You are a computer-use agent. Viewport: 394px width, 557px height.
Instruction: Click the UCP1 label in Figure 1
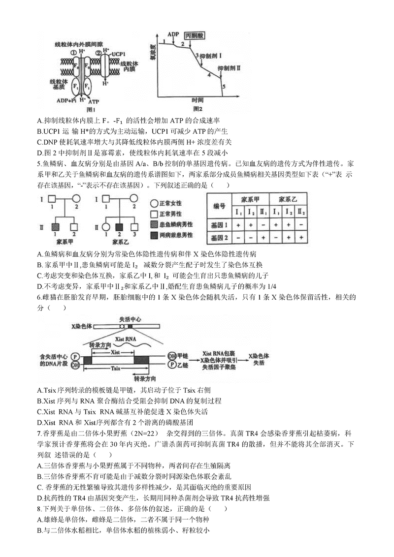click(x=119, y=53)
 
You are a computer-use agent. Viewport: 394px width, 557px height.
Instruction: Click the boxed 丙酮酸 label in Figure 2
click(x=193, y=36)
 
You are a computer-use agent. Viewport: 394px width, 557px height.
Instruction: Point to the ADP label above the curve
click(x=173, y=34)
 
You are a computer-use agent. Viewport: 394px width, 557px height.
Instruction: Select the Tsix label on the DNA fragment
click(x=117, y=367)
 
